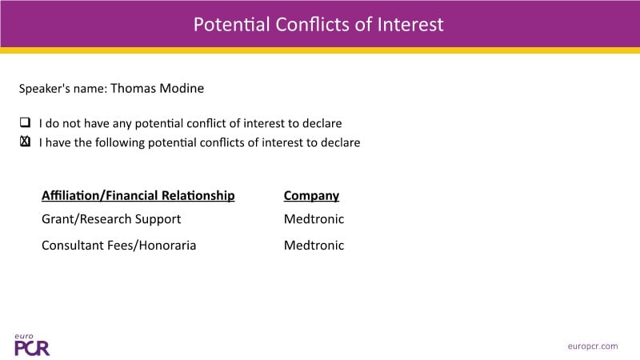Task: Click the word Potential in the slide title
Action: (231, 25)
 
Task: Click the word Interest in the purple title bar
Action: (410, 25)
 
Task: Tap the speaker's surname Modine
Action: (182, 88)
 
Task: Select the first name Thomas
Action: (133, 88)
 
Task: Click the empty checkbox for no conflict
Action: (25, 122)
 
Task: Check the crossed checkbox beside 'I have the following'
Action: (25, 142)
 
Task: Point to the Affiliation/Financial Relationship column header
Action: (138, 195)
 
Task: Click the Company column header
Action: (311, 195)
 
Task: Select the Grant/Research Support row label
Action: (111, 219)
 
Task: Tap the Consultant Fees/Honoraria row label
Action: (118, 246)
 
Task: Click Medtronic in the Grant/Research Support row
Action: (314, 219)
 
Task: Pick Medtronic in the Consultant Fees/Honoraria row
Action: (314, 246)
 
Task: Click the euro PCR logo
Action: (32, 345)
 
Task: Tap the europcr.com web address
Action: (593, 346)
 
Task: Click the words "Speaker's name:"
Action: (63, 89)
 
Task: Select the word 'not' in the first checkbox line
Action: (72, 123)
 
